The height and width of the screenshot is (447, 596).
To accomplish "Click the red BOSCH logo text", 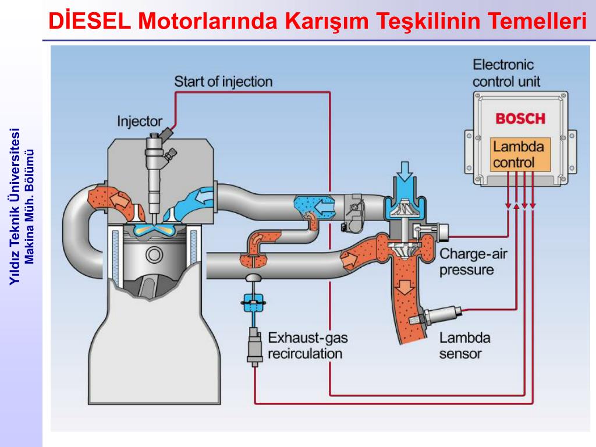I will (520, 119).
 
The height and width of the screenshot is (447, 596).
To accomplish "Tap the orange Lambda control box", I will (519, 154).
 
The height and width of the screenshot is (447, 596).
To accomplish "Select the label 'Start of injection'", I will (223, 81).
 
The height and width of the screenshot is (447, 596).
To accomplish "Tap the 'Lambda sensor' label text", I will (464, 345).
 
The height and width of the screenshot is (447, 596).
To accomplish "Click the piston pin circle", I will (154, 254).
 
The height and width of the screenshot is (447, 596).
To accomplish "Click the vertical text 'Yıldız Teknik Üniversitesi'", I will (16, 206).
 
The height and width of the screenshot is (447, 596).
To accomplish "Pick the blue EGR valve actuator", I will (253, 302).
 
